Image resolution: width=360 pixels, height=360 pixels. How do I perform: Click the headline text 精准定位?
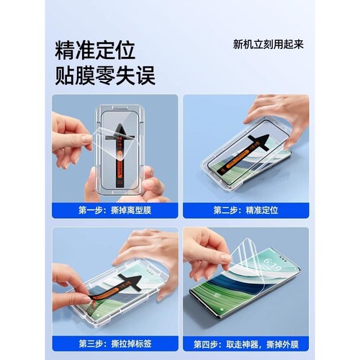[95, 50]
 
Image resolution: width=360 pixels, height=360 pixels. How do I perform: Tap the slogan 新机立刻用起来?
[268, 44]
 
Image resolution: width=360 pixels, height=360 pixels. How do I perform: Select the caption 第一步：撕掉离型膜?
[115, 210]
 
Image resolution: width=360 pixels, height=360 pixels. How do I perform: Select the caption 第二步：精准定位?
[245, 210]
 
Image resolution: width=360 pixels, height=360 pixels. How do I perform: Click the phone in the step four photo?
[252, 288]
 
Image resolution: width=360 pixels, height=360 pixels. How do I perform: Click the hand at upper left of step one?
[70, 137]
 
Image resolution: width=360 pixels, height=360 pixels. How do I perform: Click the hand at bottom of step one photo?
[148, 186]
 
